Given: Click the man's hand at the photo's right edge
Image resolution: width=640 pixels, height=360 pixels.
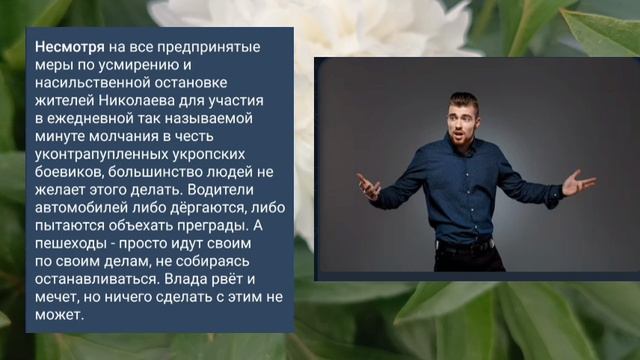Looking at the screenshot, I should (578, 182).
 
